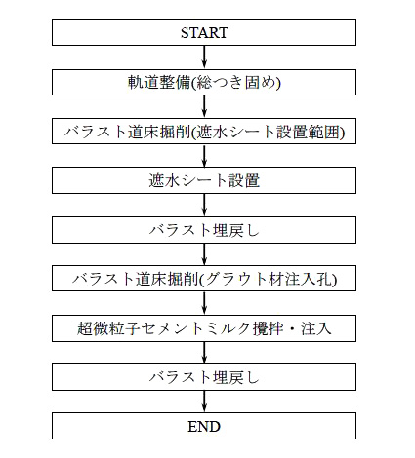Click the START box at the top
pyautogui.click(x=204, y=32)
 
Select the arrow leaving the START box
pyautogui.click(x=204, y=57)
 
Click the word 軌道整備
pyautogui.click(x=158, y=82)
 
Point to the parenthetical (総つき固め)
pyautogui.click(x=235, y=83)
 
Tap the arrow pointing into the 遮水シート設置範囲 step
pyautogui.click(x=204, y=106)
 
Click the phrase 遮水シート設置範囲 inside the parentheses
pyautogui.click(x=269, y=132)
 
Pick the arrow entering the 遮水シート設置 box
pyautogui.click(x=204, y=156)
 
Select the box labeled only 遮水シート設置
pyautogui.click(x=204, y=180)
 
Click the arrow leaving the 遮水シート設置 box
pyautogui.click(x=204, y=206)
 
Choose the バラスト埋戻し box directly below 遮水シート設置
pyautogui.click(x=204, y=230)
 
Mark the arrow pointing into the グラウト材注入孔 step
pyautogui.click(x=204, y=254)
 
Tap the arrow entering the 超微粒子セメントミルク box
pyautogui.click(x=204, y=303)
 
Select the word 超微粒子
pyautogui.click(x=108, y=328)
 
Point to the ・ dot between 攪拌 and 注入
pyautogui.click(x=292, y=328)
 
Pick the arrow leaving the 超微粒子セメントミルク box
pyautogui.click(x=204, y=353)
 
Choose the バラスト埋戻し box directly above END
pyautogui.click(x=204, y=377)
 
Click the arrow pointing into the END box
pyautogui.click(x=204, y=401)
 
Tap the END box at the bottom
pyautogui.click(x=204, y=426)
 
